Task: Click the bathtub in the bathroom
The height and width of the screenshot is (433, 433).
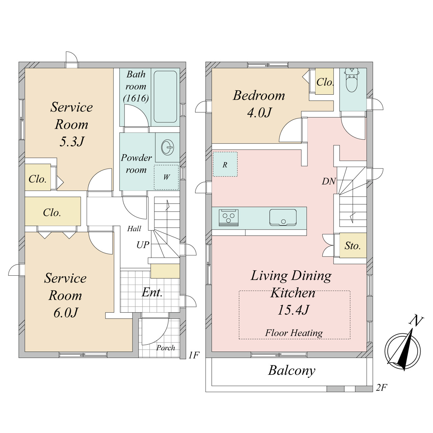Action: click(165, 96)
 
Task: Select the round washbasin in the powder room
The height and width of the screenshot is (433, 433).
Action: click(167, 147)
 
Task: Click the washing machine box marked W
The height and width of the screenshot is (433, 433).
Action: click(166, 177)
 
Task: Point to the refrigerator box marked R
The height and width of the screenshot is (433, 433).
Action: click(225, 164)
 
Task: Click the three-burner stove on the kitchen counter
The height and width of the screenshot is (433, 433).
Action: click(229, 218)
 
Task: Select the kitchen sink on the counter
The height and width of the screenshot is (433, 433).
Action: click(283, 218)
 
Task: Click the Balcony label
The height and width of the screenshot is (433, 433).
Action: click(292, 371)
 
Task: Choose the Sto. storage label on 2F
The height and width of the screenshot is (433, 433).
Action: click(352, 246)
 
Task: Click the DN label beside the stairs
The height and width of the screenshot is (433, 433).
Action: click(329, 182)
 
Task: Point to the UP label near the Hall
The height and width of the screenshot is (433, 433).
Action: click(143, 245)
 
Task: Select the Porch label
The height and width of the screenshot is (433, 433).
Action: click(166, 348)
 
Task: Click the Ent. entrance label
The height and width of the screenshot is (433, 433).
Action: click(152, 292)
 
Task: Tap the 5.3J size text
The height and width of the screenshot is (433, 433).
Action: click(71, 142)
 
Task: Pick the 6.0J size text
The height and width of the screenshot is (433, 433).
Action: click(66, 313)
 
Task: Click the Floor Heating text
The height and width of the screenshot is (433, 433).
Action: click(294, 333)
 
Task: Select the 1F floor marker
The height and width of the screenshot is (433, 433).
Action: click(194, 355)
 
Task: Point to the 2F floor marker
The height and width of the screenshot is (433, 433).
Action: click(381, 388)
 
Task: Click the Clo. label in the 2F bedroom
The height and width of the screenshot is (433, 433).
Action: click(325, 82)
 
